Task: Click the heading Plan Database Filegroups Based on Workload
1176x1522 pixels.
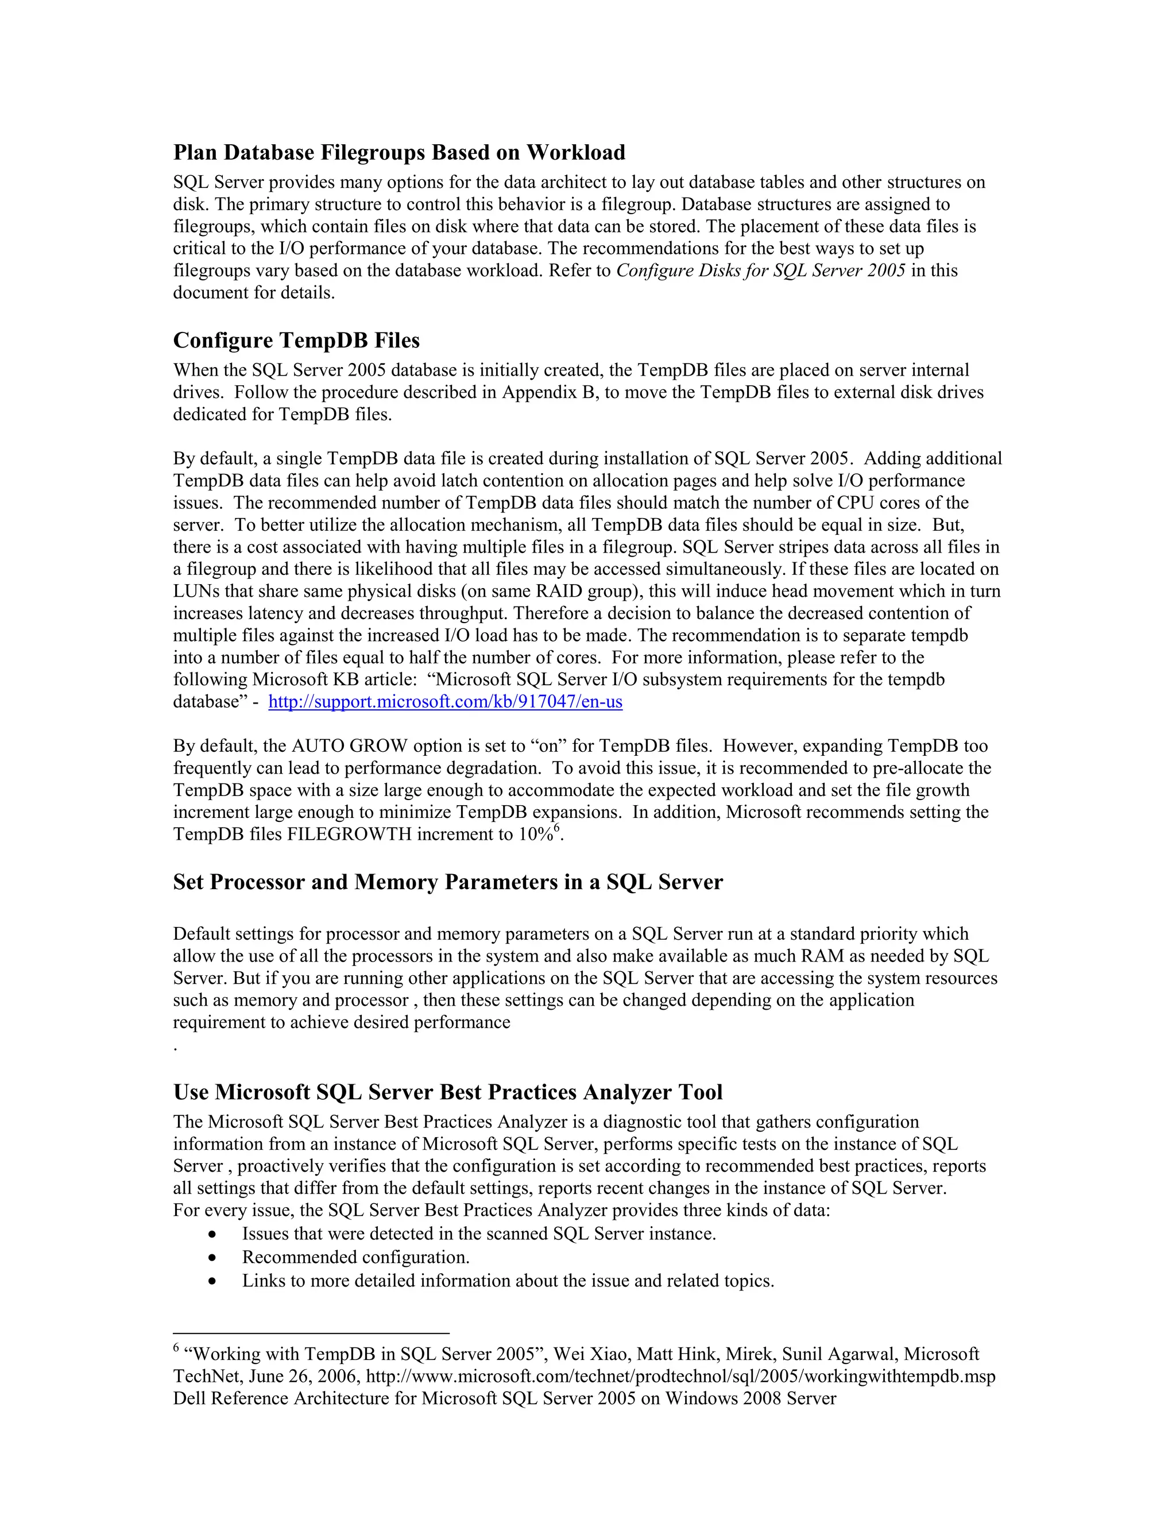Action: (399, 152)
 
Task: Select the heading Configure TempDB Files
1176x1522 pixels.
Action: (296, 340)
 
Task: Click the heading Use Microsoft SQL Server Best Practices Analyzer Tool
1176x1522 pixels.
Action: (447, 1091)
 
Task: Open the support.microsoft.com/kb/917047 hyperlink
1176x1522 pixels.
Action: (445, 702)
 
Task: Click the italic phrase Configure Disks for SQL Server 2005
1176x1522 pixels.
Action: (761, 271)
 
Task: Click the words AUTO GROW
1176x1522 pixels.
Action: (349, 747)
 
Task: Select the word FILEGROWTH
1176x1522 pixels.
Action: (349, 835)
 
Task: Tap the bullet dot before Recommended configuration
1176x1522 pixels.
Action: (212, 1258)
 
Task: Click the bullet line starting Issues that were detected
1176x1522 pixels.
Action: (479, 1234)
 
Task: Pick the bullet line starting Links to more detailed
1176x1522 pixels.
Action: (508, 1281)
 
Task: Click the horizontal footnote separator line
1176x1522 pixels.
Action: (311, 1332)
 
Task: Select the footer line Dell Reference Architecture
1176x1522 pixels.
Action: (504, 1399)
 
